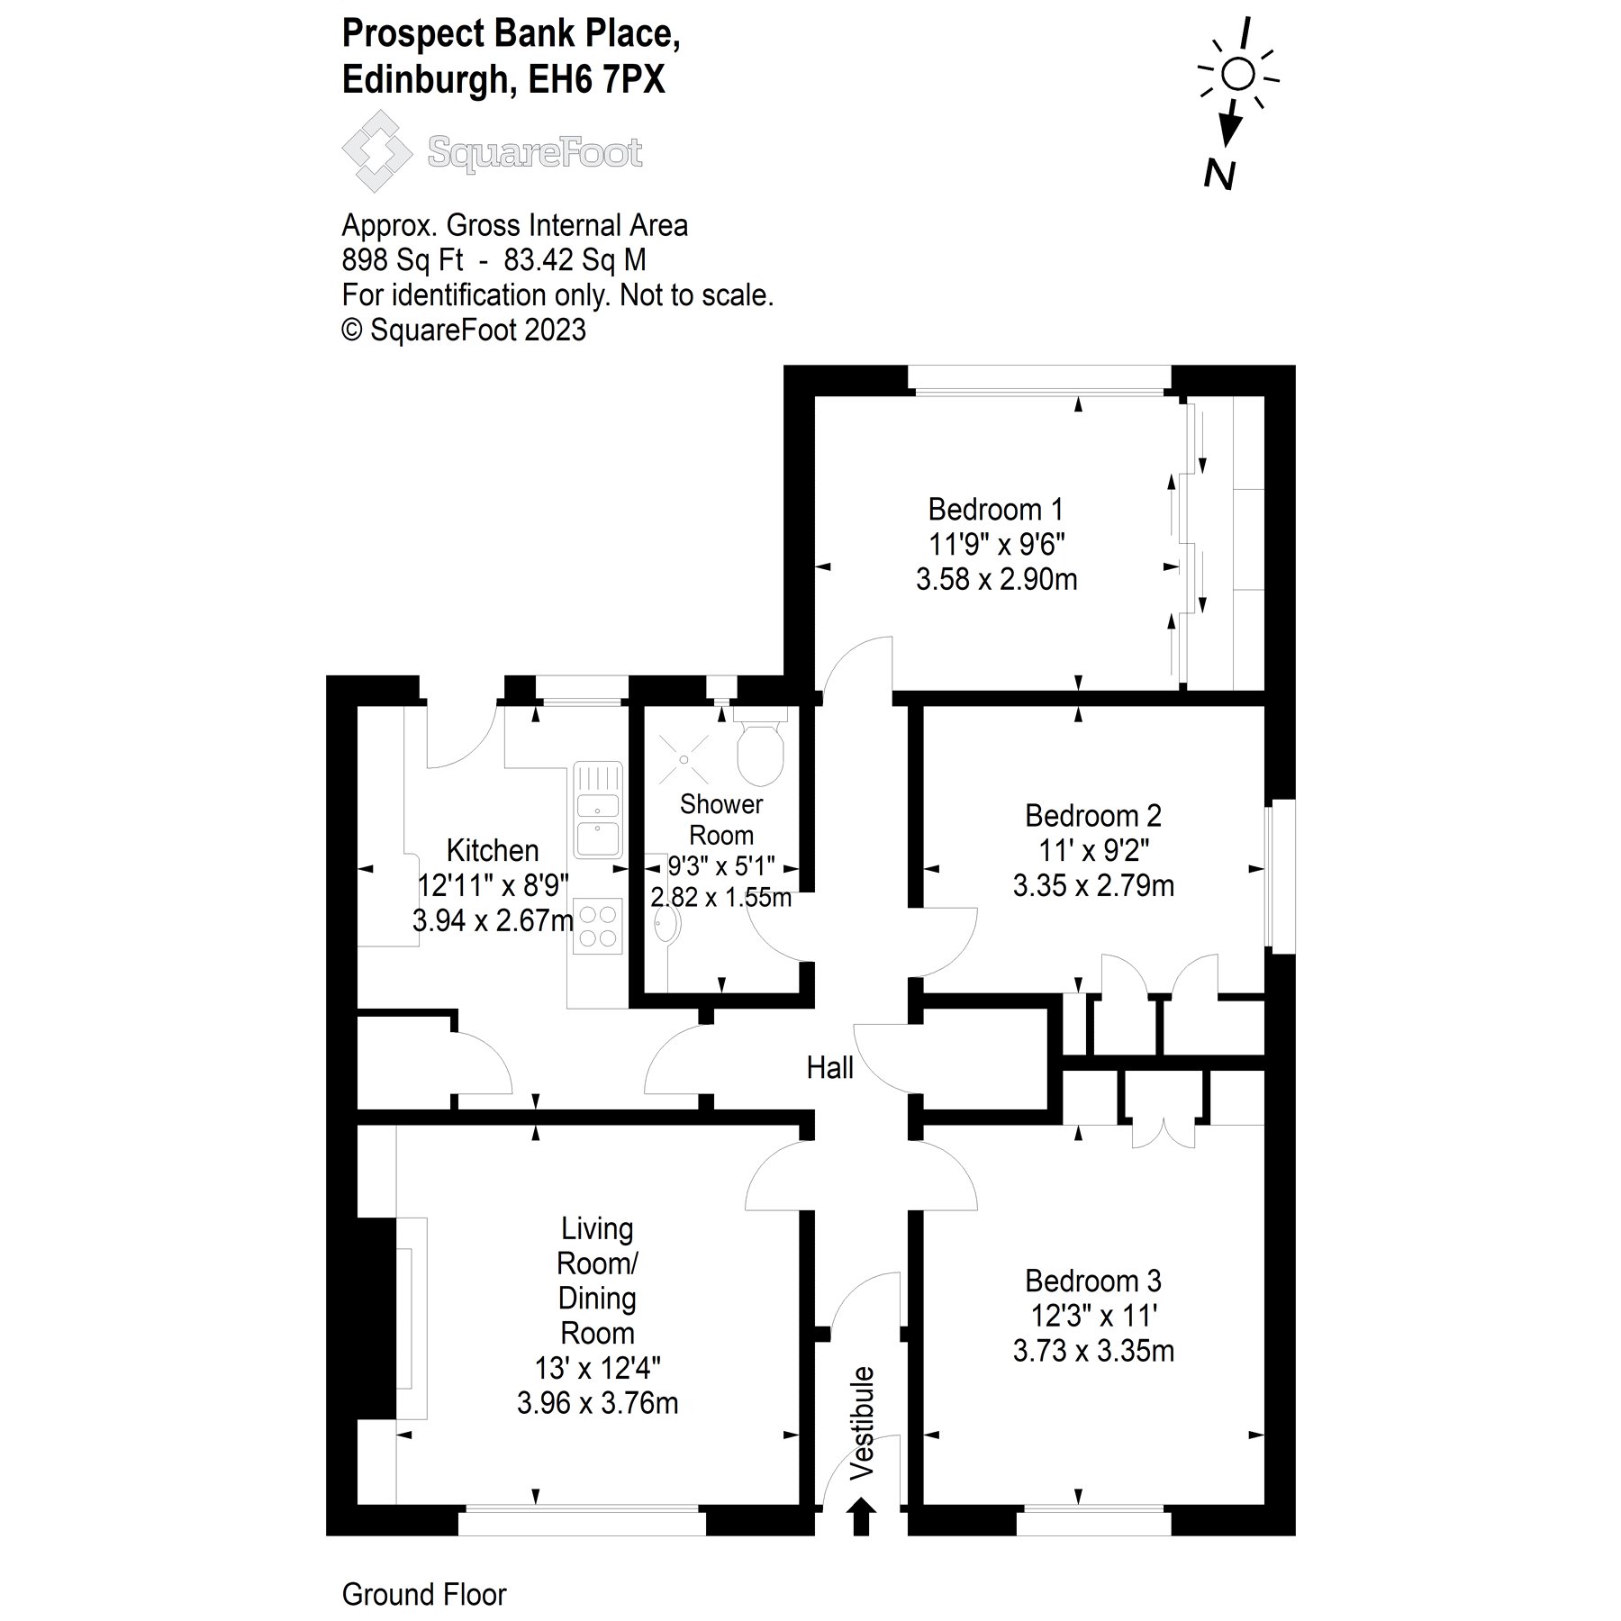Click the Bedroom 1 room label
995,510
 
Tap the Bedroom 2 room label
1092,816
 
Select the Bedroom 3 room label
1092,1281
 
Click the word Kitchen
493,850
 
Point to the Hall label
829,1068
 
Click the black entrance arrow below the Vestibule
862,1516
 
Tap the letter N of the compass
1219,175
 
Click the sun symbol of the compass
1239,74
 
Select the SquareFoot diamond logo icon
377,151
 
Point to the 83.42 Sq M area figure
575,260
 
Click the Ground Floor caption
424,1594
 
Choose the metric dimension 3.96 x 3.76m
597,1403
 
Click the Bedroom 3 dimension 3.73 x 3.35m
1092,1351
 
